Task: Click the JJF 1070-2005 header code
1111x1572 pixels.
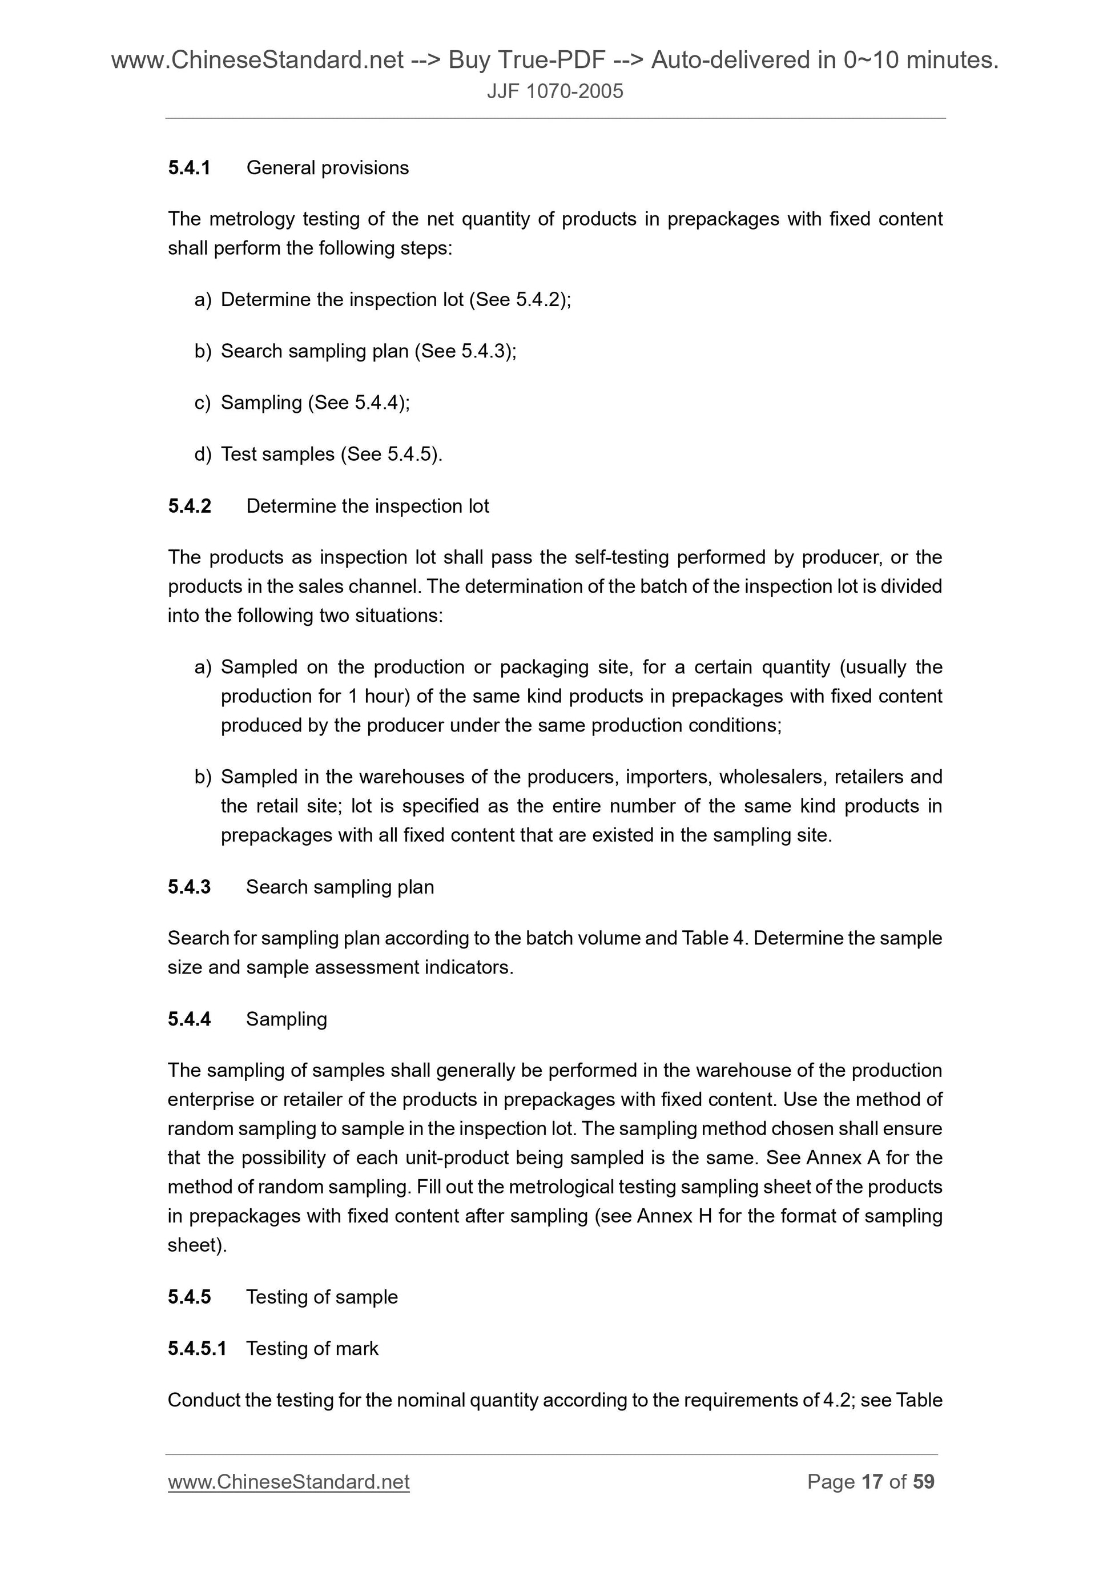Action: click(x=554, y=92)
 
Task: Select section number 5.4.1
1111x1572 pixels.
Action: click(x=189, y=168)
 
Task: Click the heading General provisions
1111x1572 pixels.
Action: click(x=327, y=168)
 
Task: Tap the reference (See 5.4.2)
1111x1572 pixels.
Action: click(x=520, y=300)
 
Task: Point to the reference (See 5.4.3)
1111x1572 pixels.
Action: click(x=465, y=351)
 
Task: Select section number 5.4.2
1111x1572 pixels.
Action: click(x=189, y=506)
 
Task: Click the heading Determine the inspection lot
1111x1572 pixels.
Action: click(x=368, y=506)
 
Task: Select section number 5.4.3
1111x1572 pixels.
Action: click(x=189, y=887)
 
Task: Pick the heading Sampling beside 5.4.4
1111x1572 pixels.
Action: click(x=286, y=1019)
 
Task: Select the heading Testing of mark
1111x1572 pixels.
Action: click(x=312, y=1348)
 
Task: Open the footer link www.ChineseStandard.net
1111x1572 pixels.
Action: click(x=288, y=1482)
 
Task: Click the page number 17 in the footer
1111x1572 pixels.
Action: click(x=871, y=1482)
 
